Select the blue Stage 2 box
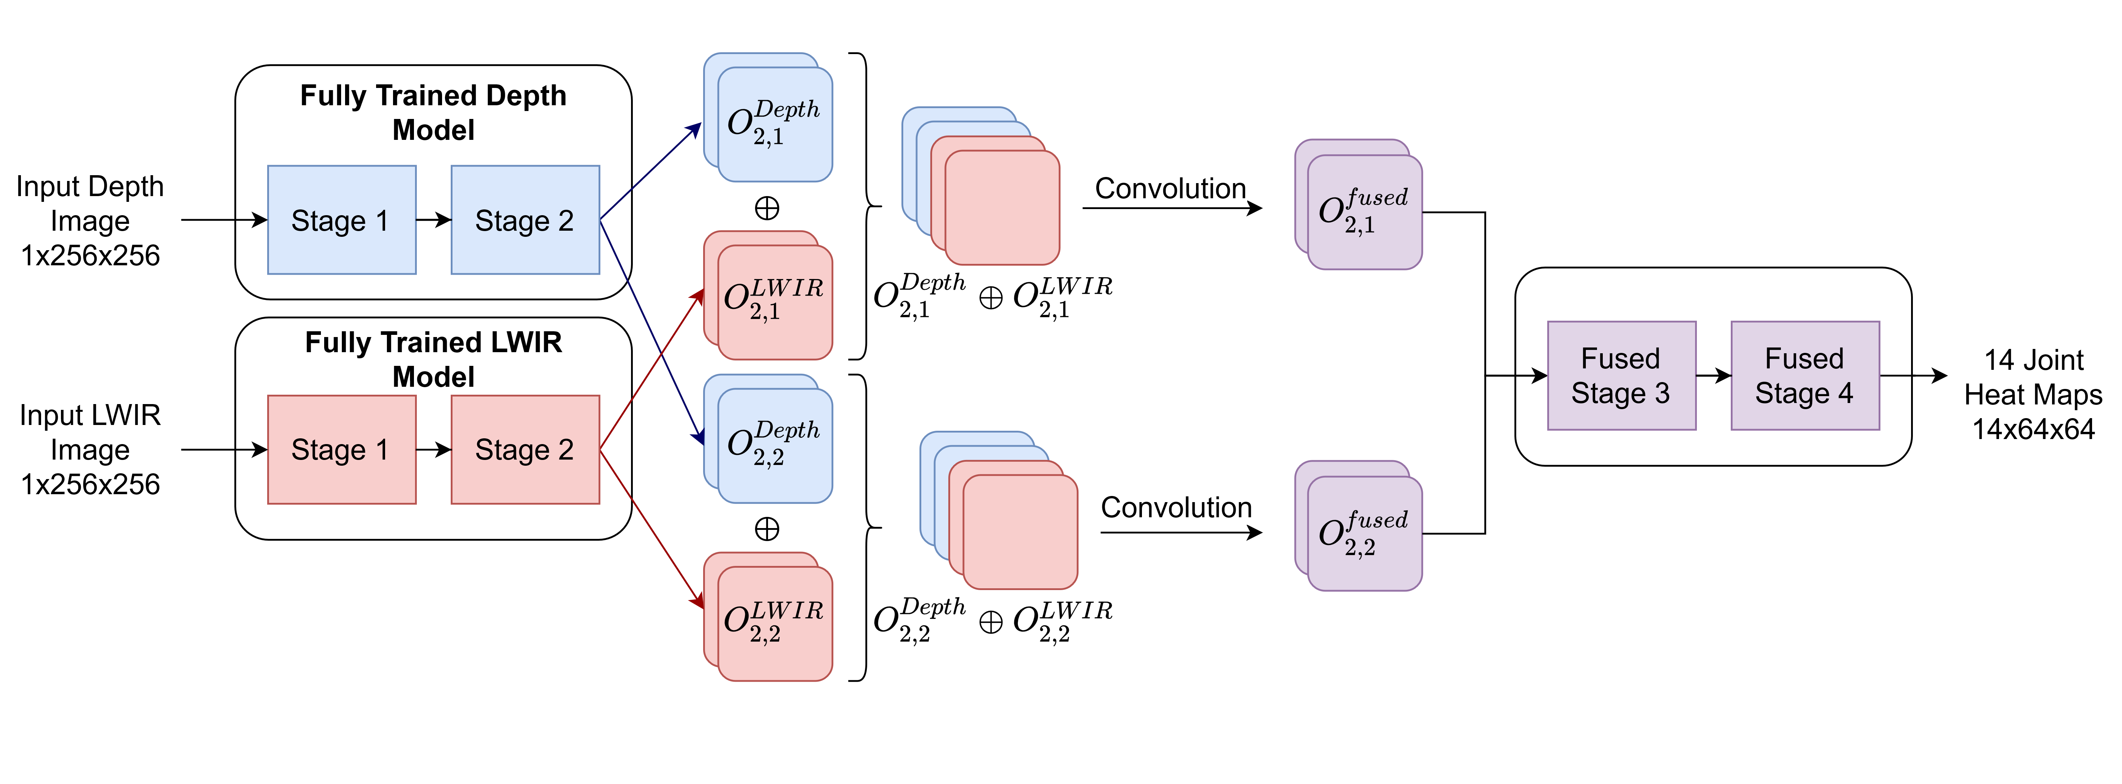coord(525,220)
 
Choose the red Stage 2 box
coord(525,449)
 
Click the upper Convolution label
coord(1170,189)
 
